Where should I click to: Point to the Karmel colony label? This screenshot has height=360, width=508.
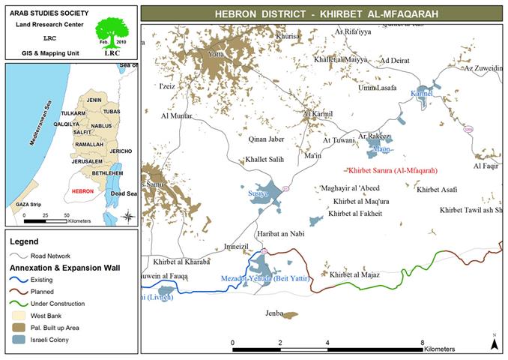click(x=422, y=94)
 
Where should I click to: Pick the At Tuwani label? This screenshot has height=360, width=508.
click(x=339, y=139)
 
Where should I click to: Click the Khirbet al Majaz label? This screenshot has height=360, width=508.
click(x=354, y=275)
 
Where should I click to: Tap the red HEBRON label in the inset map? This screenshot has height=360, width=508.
click(x=84, y=191)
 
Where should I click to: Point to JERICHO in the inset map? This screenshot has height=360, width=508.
click(x=120, y=151)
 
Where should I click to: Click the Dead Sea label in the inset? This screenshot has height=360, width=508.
click(x=124, y=193)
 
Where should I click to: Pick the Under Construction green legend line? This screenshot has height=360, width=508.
click(x=24, y=304)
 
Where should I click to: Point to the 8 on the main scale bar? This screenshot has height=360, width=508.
click(x=423, y=342)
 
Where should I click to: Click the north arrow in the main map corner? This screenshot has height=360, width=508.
click(x=494, y=342)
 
